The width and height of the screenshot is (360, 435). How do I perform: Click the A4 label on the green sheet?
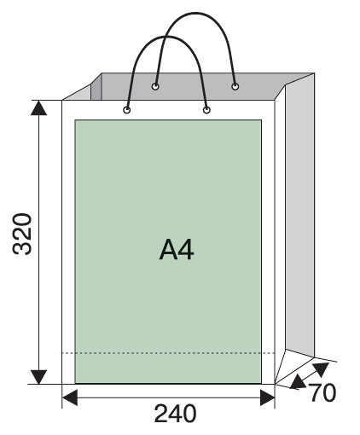point(177,249)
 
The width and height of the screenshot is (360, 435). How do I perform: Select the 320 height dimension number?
point(22,234)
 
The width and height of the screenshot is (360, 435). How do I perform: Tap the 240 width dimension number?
point(175,414)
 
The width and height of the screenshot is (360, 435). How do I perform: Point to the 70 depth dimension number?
point(322,392)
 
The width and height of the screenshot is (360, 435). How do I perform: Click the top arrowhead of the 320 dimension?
point(38,107)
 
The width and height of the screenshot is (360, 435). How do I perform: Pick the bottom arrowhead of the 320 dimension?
point(38,377)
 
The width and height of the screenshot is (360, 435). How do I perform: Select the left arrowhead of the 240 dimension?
point(70,397)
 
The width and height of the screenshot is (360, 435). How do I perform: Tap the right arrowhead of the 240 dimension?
point(267,397)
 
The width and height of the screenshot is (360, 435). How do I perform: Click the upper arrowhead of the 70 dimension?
point(322,368)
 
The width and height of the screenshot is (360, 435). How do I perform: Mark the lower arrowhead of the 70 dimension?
point(298,382)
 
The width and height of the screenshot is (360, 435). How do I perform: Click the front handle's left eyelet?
point(127,110)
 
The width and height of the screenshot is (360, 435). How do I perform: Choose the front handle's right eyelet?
point(206,110)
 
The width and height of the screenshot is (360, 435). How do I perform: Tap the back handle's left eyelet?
point(155,86)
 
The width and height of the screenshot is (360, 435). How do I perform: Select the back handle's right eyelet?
point(235,86)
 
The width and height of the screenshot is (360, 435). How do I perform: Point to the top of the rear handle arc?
point(196,13)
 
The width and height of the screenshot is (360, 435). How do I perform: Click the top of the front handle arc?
point(166,37)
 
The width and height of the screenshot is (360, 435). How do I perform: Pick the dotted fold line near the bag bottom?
point(168,353)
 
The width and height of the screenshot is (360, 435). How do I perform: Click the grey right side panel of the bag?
point(300,216)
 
